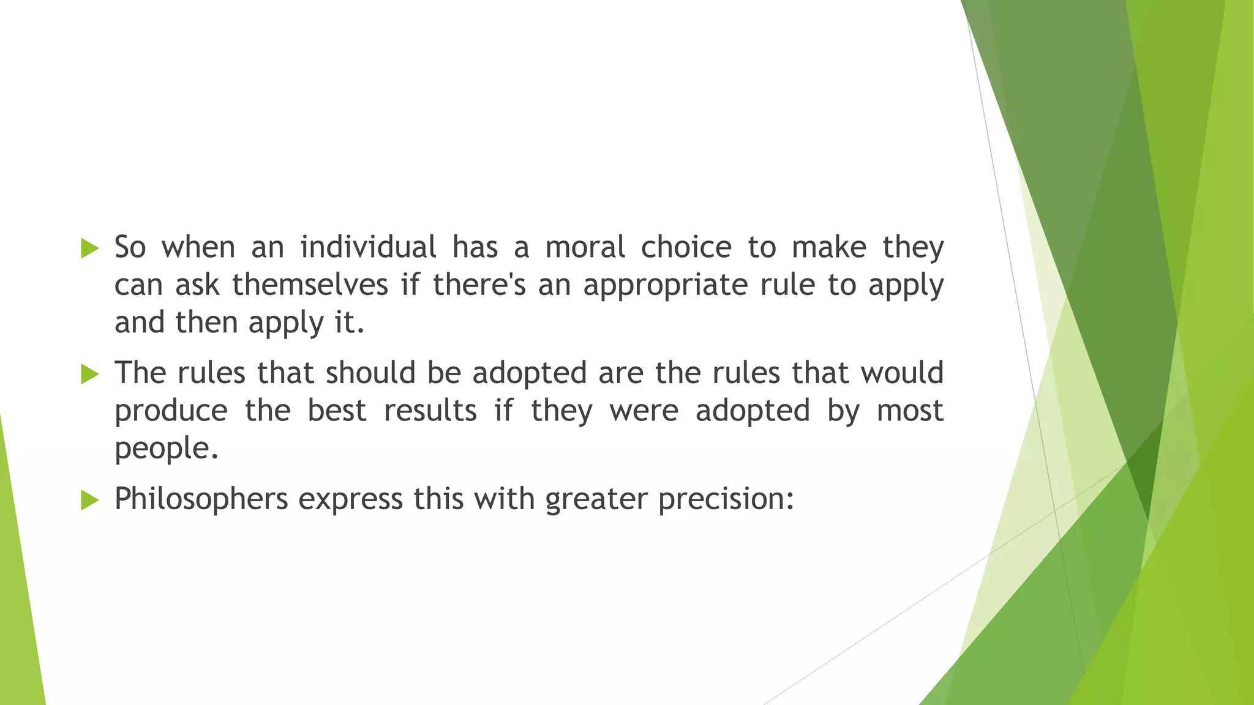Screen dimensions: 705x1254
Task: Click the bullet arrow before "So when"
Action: click(89, 248)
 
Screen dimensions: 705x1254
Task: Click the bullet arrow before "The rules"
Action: click(89, 374)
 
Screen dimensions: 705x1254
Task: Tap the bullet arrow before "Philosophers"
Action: click(89, 500)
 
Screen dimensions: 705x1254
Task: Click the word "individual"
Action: click(368, 247)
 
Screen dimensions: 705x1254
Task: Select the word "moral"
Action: click(585, 247)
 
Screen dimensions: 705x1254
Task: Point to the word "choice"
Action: click(686, 247)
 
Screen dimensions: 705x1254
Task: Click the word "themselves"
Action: click(310, 285)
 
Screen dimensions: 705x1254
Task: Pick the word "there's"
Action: click(479, 285)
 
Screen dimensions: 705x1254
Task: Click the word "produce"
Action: click(171, 411)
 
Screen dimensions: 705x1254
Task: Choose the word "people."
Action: click(167, 449)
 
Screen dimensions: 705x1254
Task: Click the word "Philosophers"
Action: click(201, 499)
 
